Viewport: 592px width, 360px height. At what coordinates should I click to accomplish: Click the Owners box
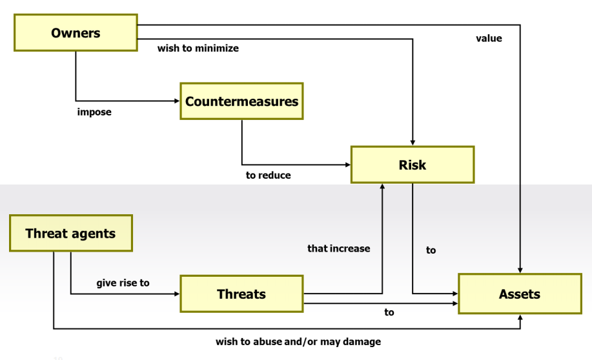pos(76,33)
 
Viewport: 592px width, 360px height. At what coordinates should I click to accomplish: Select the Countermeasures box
pos(241,101)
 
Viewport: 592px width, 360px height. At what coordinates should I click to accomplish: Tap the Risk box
pos(413,165)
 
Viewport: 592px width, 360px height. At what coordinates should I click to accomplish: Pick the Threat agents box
pos(71,233)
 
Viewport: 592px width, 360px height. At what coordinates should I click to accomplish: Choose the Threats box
pos(241,294)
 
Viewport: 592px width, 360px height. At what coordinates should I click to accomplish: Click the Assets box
pos(520,294)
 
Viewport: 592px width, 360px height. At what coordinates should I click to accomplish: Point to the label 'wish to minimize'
pos(198,48)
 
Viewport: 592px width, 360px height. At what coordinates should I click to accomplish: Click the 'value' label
pos(489,38)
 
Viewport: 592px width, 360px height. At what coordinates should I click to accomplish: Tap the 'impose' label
pos(94,112)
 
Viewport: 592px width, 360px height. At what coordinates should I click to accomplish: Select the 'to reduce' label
pos(268,175)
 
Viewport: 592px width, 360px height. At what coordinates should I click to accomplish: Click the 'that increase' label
pos(339,248)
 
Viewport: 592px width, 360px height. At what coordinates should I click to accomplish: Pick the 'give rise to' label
pos(123,283)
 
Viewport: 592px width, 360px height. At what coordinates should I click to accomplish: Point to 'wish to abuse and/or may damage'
pos(298,341)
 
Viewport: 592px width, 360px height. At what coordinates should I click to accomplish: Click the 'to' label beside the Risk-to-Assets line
pos(431,250)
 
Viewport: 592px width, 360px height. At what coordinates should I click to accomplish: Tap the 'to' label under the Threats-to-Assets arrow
pos(389,312)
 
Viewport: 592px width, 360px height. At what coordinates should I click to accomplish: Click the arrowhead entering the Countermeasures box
pos(177,101)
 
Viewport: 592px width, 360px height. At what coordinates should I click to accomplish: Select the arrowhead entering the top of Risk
pos(413,143)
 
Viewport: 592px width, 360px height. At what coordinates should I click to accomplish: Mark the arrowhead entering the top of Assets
pos(520,270)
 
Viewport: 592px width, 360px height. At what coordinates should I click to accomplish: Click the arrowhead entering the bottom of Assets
pos(520,317)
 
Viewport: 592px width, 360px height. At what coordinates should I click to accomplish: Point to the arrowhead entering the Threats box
pos(177,294)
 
